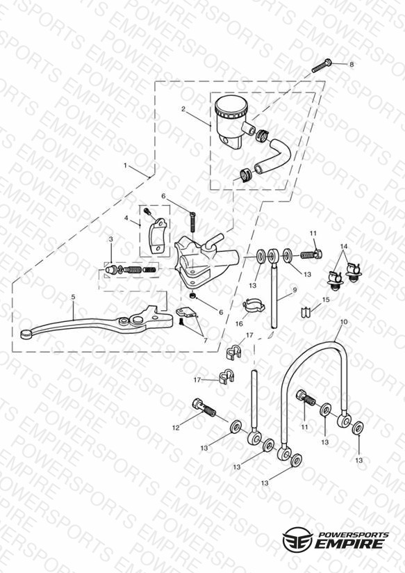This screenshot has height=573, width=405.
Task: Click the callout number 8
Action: [352, 64]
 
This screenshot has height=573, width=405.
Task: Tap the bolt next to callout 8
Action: [322, 66]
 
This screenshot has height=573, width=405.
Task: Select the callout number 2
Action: [183, 109]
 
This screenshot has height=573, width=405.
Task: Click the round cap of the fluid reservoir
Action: [230, 106]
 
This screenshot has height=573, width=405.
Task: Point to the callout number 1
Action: [125, 166]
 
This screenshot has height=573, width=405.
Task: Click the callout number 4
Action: [126, 218]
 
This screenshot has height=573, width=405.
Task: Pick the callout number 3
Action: [110, 239]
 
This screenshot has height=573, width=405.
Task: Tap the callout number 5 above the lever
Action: [73, 297]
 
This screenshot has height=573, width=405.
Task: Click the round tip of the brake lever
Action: [26, 334]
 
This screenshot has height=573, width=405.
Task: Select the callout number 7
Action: [205, 341]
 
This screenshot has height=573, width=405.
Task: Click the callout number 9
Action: [295, 290]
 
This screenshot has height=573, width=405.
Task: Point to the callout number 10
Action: [344, 323]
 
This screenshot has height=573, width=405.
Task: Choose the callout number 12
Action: [176, 428]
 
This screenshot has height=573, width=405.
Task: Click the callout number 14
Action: [344, 246]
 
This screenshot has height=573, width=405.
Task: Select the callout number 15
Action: [326, 300]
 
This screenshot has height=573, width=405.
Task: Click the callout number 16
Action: [239, 324]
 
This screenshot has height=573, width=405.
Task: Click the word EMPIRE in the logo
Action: [350, 543]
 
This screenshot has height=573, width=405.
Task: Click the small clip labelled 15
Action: [305, 312]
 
